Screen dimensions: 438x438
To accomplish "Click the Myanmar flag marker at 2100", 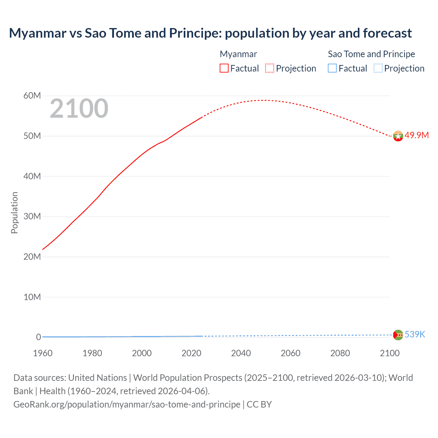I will tap(398, 136).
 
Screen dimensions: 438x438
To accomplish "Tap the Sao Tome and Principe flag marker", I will tap(398, 335).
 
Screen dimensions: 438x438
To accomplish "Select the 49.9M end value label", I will tap(416, 135).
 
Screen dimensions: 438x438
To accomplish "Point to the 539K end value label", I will tap(415, 334).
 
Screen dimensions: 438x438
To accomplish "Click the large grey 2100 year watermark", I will tap(79, 108).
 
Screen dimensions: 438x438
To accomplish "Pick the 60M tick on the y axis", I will tap(32, 95).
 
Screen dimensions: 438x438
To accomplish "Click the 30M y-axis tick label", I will tap(32, 216).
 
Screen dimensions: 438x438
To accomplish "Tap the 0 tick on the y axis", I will tap(38, 337).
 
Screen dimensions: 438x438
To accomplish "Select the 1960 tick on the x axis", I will tap(43, 353).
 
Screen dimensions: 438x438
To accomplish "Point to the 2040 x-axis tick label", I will tap(241, 353).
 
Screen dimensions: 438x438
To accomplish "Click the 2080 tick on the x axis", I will tap(340, 353).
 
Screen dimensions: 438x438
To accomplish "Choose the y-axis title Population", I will tap(14, 212).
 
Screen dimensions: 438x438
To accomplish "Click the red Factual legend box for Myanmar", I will tap(224, 68).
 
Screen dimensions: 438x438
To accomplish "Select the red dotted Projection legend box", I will tap(270, 68).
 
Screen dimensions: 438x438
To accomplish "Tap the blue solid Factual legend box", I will tap(332, 68).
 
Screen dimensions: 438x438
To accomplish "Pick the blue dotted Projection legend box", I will tap(378, 68).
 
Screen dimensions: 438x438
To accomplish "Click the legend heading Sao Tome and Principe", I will tap(371, 54).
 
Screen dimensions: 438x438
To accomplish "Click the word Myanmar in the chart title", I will tap(38, 33).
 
